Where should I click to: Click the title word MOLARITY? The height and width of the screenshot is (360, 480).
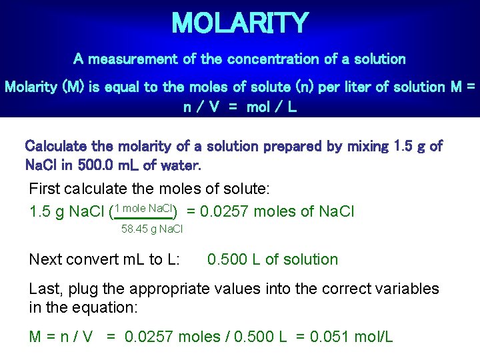click(x=240, y=23)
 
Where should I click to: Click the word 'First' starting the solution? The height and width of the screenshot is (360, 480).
click(x=44, y=189)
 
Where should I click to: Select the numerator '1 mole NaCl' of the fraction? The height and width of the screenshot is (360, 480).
click(x=145, y=208)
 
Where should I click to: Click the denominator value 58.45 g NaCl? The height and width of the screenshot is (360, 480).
click(x=152, y=229)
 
